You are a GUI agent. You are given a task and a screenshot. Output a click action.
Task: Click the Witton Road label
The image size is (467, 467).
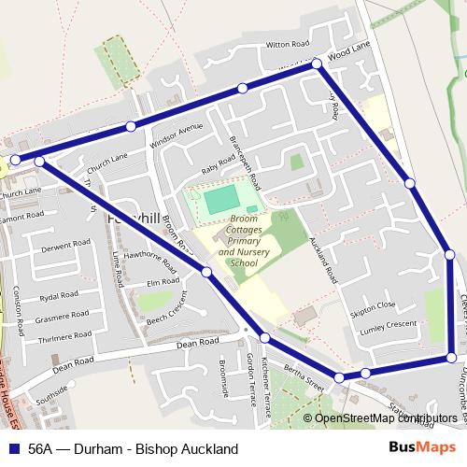[287, 44]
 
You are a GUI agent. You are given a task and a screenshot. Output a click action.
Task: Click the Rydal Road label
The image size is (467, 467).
[58, 295]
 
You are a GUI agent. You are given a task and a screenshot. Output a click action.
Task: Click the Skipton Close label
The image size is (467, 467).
[373, 305]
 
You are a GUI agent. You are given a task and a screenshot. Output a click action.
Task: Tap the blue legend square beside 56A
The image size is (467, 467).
[12, 448]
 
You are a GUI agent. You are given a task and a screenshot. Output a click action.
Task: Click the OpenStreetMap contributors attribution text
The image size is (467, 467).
[386, 417]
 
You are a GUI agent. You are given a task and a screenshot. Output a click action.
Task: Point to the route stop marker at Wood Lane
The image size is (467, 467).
[317, 64]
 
